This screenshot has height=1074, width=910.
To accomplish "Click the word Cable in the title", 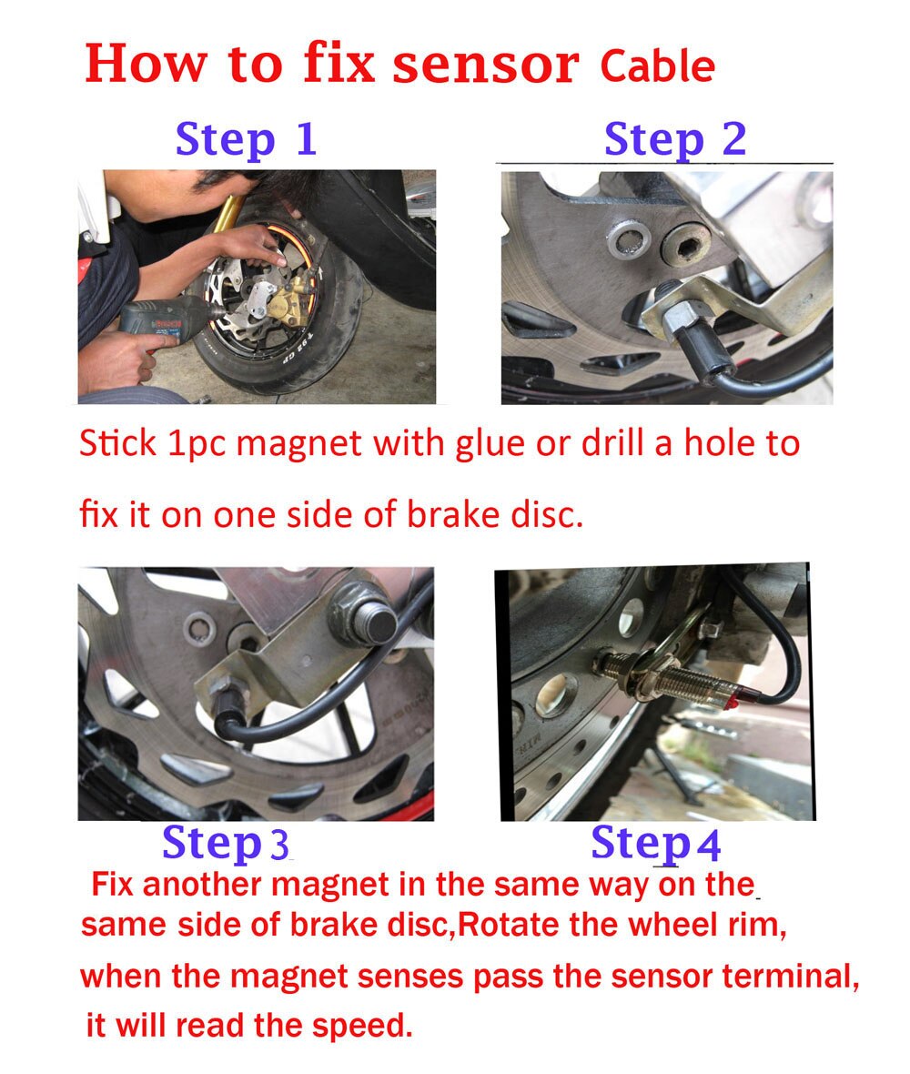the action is (x=657, y=66).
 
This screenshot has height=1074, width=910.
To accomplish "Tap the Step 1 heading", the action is (x=246, y=140).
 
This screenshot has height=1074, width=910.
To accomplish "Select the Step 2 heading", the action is (x=675, y=140).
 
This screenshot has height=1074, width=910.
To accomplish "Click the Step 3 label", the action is (x=226, y=843).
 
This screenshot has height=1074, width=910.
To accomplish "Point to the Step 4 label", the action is (x=655, y=843).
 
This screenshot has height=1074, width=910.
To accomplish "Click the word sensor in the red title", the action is (x=486, y=64).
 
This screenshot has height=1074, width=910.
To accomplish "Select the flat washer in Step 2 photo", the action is (x=628, y=239).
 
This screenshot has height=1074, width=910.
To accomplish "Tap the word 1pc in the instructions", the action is (x=197, y=444).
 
